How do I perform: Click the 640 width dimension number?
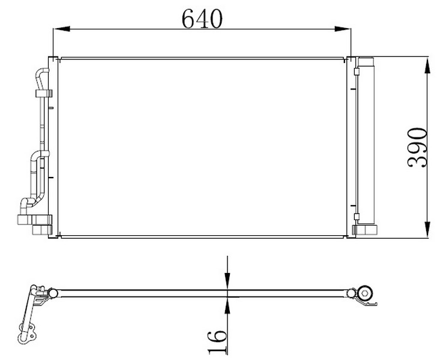tap(202, 19)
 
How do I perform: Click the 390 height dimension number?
tap(417, 148)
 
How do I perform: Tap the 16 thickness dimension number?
tap(217, 342)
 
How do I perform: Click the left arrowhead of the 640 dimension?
tap(61, 29)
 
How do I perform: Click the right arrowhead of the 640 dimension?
tap(343, 29)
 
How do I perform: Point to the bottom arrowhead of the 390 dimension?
tap(427, 230)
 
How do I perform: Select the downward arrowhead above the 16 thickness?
tap(228, 282)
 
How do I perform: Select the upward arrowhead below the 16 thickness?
tap(228, 305)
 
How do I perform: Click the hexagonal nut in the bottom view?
tap(365, 293)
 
